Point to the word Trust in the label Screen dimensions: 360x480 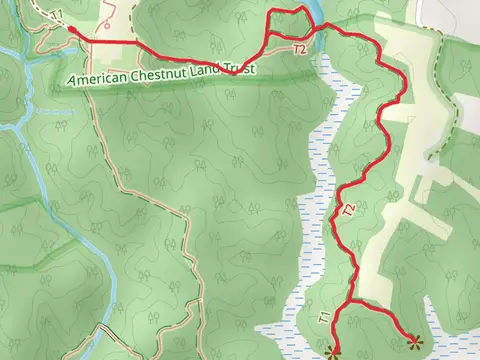[x=243, y=68]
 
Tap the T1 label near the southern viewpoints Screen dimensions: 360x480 [x=324, y=317]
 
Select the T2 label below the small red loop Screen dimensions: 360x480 [x=299, y=48]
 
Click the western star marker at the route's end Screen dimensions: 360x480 [x=333, y=349]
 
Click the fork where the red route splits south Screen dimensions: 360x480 [x=347, y=299]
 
